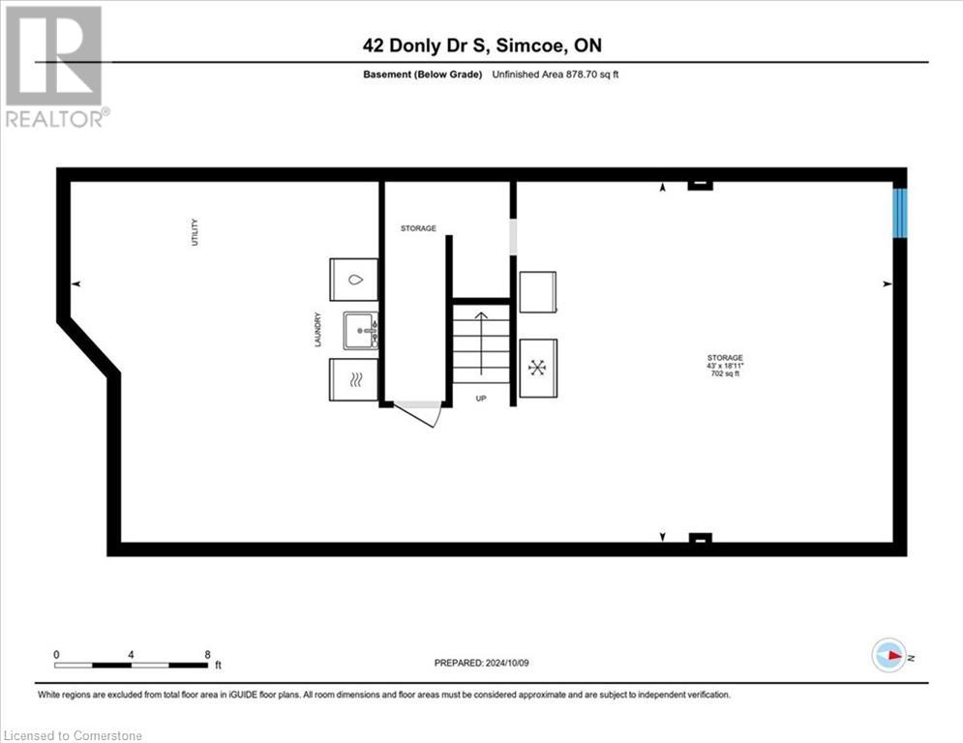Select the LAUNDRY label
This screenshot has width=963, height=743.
(316, 329)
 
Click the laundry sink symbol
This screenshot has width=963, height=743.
(360, 330)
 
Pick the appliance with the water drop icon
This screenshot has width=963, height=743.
(354, 280)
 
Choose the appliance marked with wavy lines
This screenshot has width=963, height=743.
(354, 379)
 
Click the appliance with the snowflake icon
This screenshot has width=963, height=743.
(538, 368)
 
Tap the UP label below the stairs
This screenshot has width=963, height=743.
(481, 398)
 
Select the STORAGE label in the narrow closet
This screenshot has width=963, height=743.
(418, 229)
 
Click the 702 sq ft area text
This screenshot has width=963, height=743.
(725, 373)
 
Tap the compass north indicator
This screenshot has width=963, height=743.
(888, 655)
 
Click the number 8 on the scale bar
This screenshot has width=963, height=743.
(207, 654)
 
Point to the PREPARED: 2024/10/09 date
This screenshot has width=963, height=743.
(481, 663)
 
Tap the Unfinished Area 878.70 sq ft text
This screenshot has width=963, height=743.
(555, 75)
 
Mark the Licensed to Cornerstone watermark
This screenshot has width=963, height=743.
(73, 735)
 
